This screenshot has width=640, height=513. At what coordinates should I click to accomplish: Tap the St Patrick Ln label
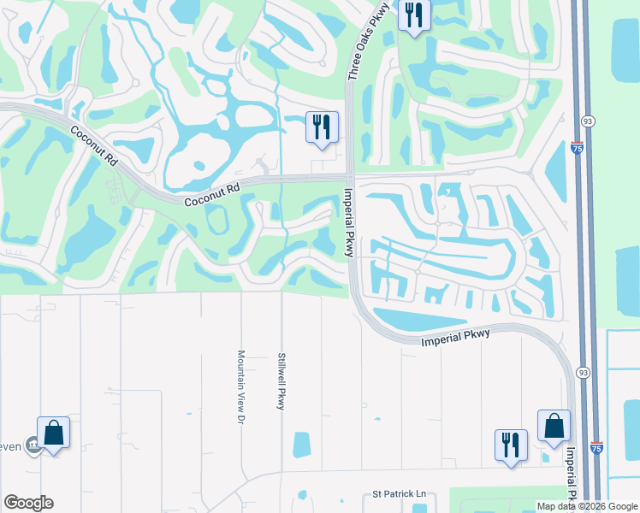398,495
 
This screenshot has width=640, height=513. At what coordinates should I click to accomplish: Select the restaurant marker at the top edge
414,15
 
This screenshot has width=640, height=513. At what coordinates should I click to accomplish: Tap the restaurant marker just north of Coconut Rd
322,128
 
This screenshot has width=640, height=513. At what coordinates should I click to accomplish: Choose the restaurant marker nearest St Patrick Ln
511,445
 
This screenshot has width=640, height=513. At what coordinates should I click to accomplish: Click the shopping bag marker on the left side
53,433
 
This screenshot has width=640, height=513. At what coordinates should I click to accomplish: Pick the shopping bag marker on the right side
554,427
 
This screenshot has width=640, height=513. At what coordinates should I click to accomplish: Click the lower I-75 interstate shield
596,448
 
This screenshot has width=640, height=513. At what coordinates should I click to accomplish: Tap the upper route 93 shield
587,123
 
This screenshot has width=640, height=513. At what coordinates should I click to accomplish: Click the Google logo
28,503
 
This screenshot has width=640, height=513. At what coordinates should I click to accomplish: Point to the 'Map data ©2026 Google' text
587,506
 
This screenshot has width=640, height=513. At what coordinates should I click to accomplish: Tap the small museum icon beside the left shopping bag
33,445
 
